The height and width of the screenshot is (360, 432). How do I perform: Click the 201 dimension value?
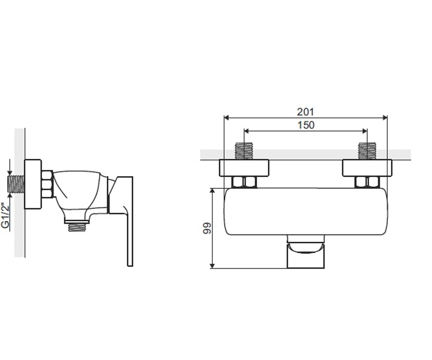[305, 112]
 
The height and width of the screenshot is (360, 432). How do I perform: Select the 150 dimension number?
[306, 125]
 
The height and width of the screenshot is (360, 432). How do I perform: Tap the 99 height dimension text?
[207, 228]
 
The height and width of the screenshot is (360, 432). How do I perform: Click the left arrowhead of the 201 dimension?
[226, 118]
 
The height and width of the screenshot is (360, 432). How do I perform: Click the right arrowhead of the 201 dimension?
[385, 118]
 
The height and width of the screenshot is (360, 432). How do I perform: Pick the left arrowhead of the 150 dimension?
[246, 131]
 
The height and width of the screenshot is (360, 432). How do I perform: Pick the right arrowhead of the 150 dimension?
[365, 131]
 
